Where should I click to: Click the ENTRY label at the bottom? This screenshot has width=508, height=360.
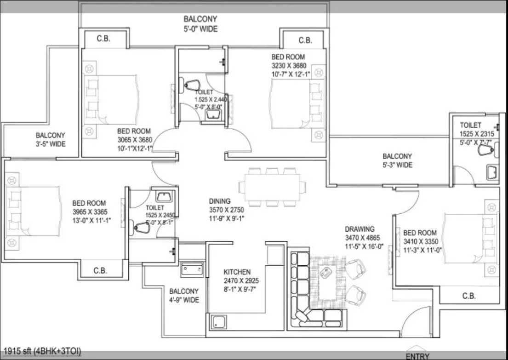pyautogui.click(x=417, y=356)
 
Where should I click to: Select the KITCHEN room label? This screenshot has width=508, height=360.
pyautogui.click(x=237, y=272)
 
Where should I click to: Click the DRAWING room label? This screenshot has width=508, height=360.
pyautogui.click(x=360, y=229)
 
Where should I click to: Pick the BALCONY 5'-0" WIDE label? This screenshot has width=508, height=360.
pyautogui.click(x=200, y=24)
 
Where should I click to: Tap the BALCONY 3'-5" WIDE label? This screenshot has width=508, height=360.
pyautogui.click(x=51, y=140)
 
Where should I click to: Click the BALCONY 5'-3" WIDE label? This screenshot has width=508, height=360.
pyautogui.click(x=397, y=160)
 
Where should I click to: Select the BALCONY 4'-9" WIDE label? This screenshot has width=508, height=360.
pyautogui.click(x=184, y=295)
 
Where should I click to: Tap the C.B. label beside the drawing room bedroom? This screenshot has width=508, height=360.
pyautogui.click(x=468, y=296)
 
